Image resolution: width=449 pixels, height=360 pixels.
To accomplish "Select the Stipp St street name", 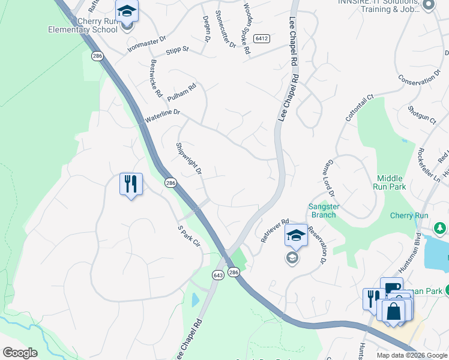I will tap(178, 49).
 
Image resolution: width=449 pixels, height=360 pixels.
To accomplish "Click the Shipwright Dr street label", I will tap(188, 158).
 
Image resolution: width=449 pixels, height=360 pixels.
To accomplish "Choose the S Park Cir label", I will tap(188, 238).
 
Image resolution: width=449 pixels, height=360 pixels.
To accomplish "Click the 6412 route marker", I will tap(261, 38).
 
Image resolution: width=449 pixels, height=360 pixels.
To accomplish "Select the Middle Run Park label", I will tap(391, 182).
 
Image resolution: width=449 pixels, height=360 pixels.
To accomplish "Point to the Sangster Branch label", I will tap(324, 211).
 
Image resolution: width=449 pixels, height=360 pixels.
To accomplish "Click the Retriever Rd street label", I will tap(275, 230).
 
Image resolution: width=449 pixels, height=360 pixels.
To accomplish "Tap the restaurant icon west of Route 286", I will tap(131, 183).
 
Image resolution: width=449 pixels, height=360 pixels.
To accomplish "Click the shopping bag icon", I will tap(394, 311).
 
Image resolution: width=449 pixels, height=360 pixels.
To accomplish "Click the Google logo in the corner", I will tap(20, 352).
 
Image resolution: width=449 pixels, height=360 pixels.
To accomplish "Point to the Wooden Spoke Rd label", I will tap(246, 29).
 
